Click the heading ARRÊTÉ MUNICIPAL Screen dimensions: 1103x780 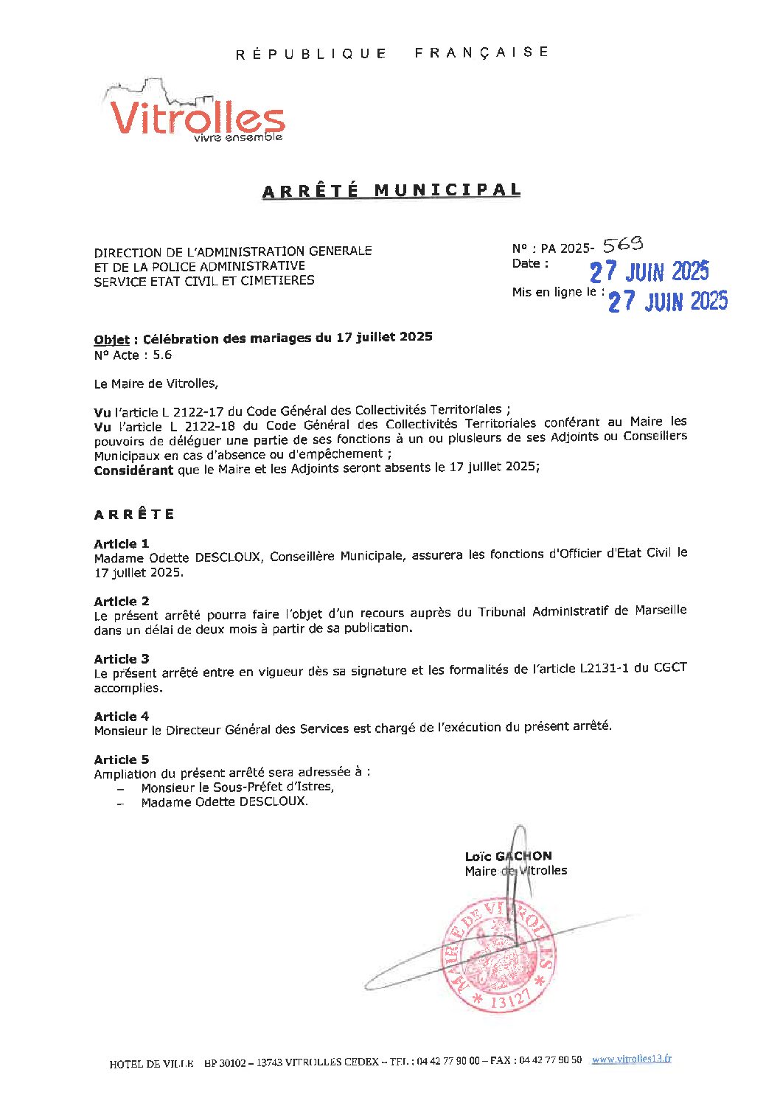coord(391,190)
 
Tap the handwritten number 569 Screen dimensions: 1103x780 coord(623,244)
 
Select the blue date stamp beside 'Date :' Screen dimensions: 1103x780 coord(649,271)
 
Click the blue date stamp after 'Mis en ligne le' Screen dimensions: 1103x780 coord(667,301)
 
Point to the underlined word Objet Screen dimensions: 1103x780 coord(111,340)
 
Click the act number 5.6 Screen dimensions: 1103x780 coord(162,355)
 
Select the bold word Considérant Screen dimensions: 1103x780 coord(133,470)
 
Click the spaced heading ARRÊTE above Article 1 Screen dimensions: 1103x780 coord(134,514)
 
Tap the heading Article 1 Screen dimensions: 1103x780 coord(122,543)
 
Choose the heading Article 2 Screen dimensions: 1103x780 coord(122,601)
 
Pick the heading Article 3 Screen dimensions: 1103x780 coord(122,658)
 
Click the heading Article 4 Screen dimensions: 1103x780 coord(122,716)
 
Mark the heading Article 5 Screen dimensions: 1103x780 coord(122,759)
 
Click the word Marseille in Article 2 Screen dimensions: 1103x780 coord(660,610)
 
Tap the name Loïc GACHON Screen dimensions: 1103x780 coord(508,856)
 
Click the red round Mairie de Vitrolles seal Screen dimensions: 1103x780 coord(498,954)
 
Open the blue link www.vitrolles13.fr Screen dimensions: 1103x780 coord(631,1059)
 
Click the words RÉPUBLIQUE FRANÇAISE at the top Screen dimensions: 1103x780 coord(391,53)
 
